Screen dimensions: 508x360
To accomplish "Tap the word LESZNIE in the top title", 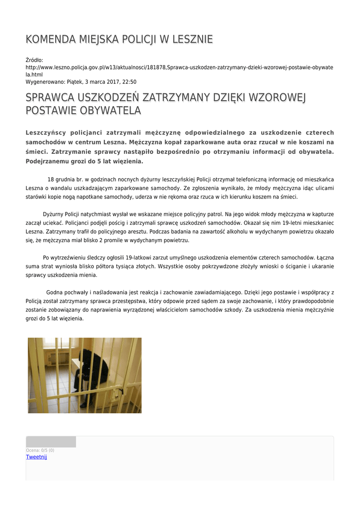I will pos(192,39).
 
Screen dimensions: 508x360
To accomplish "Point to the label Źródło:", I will pos(34,60).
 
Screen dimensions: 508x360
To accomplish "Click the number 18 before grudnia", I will pos(51,179).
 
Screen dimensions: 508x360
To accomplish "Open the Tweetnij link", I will pos(36,457).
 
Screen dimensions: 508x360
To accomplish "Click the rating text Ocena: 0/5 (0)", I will pos(40,450).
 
